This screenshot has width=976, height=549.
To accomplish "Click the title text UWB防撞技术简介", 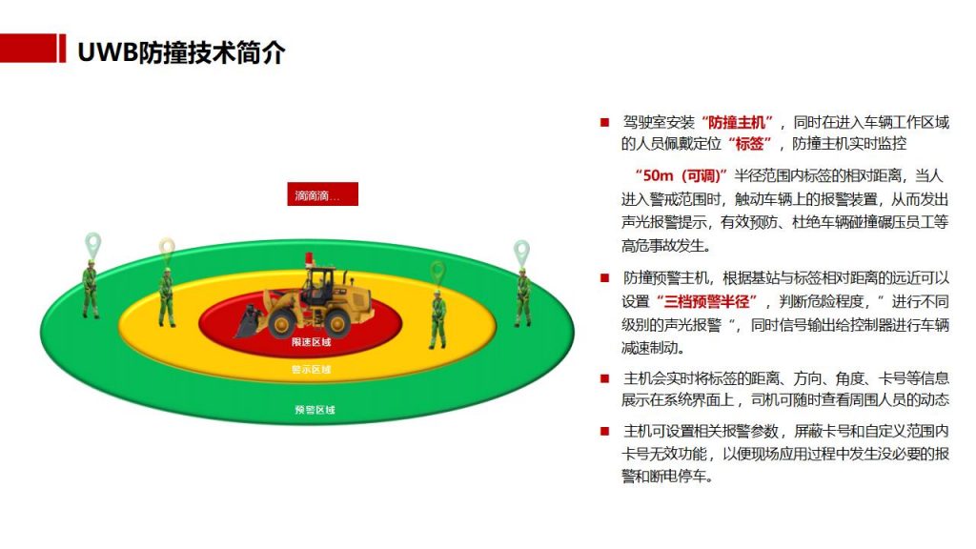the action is point(181,52).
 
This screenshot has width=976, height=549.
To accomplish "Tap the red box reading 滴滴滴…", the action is point(322,194).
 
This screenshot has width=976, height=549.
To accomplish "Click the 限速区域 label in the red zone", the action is point(312,342).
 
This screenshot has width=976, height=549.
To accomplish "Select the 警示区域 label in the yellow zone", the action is point(312,370).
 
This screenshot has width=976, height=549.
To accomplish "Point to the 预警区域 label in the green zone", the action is point(315,410).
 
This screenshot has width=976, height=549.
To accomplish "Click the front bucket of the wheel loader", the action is point(248,321).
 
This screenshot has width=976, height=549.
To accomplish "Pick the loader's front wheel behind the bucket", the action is point(281,322).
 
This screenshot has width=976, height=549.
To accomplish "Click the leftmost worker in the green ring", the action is point(91,290).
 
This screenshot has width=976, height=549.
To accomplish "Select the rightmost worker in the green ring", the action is point(523,297).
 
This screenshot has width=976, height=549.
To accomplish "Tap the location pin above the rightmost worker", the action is point(521,254).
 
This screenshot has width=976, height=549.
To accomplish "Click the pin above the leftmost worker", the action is point(92,246).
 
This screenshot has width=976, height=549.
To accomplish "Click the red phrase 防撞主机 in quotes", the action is point(737,122).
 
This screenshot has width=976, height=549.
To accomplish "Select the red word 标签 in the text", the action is point(749,144).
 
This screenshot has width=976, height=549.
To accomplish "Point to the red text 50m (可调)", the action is point(681,175).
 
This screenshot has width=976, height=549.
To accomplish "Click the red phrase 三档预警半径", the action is point(706,302).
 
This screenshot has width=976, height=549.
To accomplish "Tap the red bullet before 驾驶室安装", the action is point(604,123).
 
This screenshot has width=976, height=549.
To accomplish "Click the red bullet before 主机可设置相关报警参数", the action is point(604,431).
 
